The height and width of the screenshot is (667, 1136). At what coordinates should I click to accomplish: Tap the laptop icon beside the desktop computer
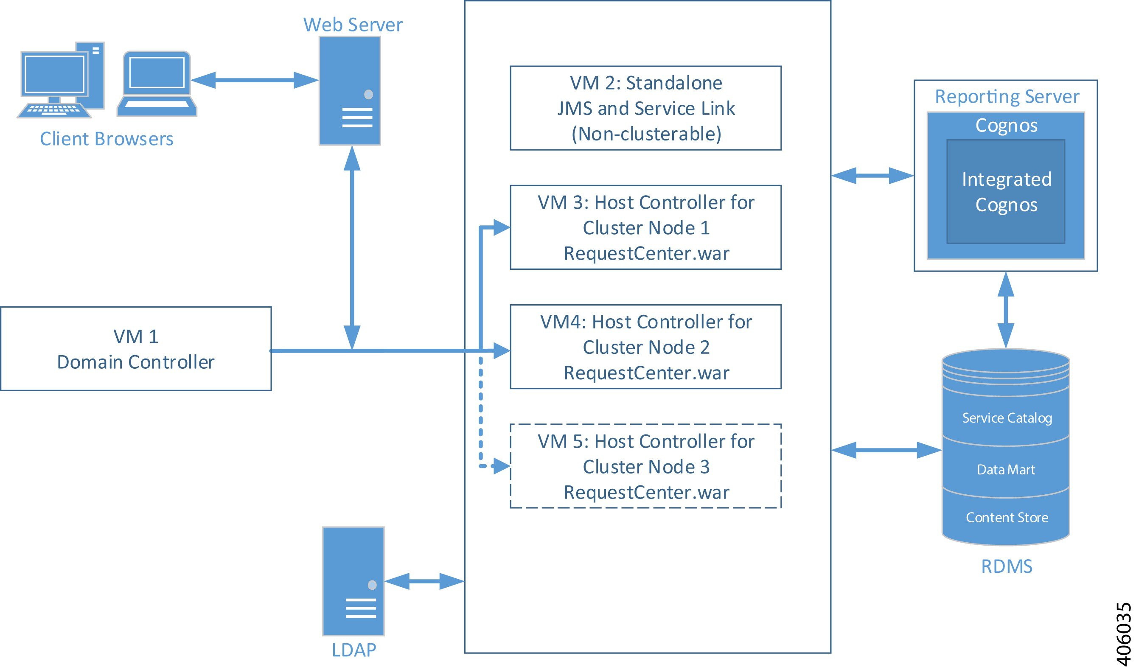click(x=157, y=84)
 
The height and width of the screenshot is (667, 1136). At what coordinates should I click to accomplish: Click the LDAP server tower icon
click(x=353, y=581)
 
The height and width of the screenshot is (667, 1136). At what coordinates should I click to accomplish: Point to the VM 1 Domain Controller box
click(x=136, y=349)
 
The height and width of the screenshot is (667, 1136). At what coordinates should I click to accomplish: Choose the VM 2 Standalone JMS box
click(x=645, y=108)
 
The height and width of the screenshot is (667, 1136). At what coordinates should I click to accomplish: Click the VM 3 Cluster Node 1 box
click(x=645, y=227)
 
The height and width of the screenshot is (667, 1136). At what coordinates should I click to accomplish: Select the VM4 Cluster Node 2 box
click(x=645, y=347)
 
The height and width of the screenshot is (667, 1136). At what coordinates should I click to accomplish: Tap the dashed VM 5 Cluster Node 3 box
click(x=645, y=466)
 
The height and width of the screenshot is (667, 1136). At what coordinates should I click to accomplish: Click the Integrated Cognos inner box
click(x=1006, y=191)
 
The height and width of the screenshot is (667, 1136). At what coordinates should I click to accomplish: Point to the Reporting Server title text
click(x=1007, y=96)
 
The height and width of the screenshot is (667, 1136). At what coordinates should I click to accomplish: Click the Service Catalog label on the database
click(x=1007, y=418)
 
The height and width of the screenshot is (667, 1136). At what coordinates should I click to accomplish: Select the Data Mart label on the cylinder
click(x=1006, y=470)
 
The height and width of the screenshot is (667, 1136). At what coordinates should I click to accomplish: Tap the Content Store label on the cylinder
click(x=1007, y=517)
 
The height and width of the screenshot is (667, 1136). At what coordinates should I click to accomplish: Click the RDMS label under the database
click(x=1007, y=566)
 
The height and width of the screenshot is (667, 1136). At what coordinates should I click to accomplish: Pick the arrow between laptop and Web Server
click(x=255, y=80)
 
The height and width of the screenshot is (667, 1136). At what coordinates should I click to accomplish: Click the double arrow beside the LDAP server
click(x=424, y=581)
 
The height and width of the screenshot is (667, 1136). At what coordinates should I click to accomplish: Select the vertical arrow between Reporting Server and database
click(x=1006, y=310)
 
